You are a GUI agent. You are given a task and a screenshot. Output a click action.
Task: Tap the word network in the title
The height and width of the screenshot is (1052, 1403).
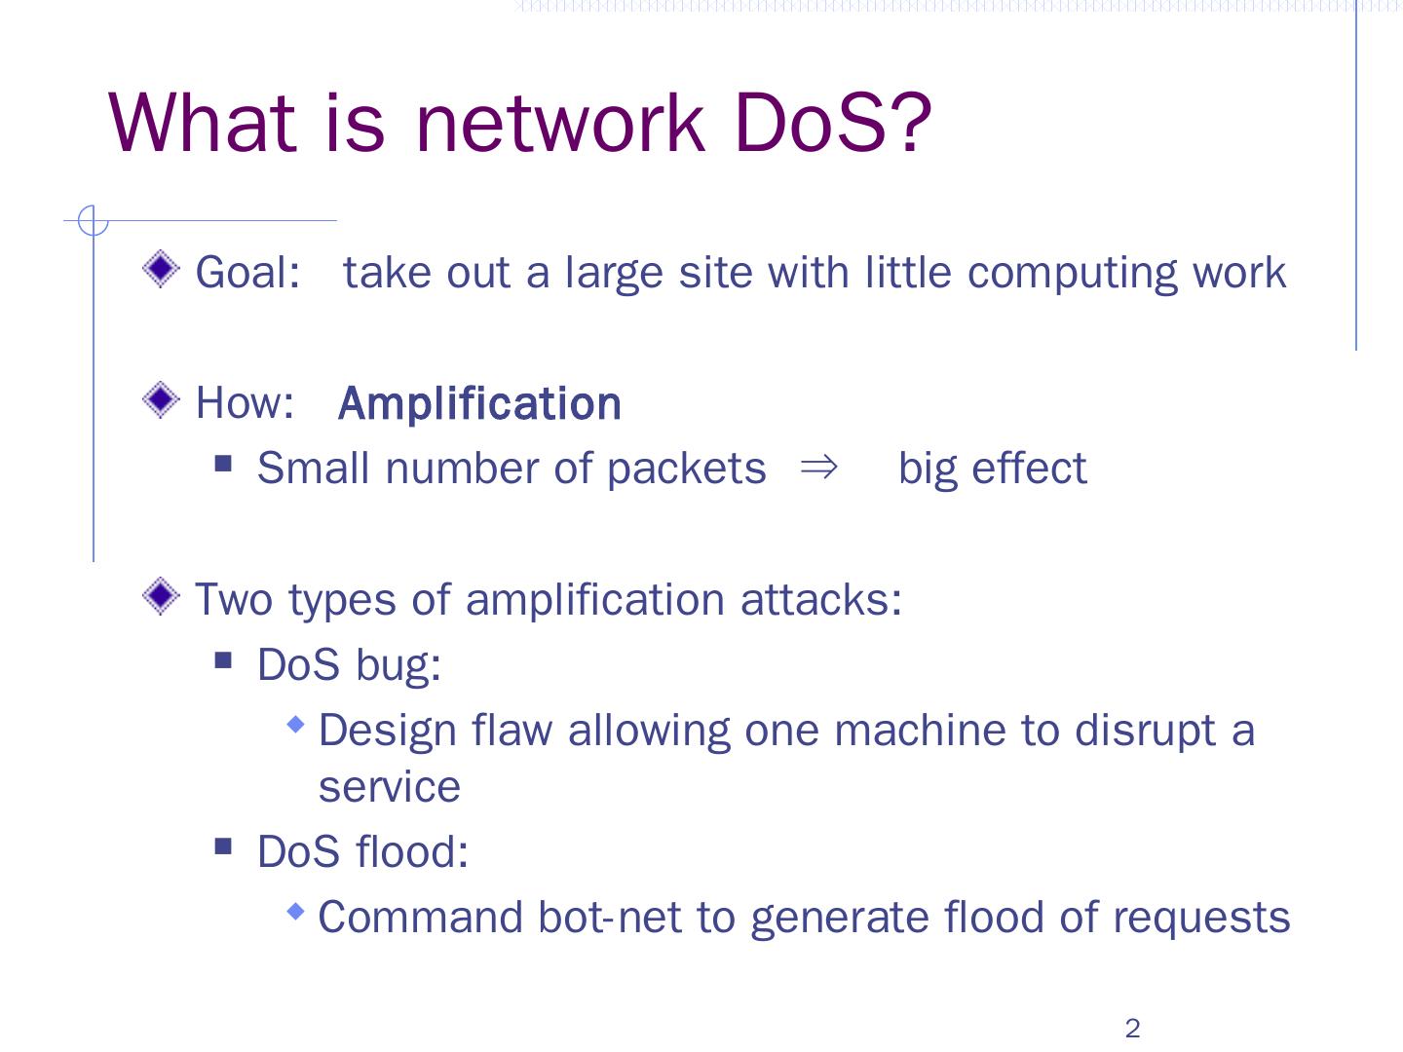tap(558, 123)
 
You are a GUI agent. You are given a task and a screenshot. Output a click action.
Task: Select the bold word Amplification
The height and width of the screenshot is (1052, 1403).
tap(479, 404)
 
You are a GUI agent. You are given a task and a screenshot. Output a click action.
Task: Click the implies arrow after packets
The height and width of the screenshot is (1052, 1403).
tap(818, 469)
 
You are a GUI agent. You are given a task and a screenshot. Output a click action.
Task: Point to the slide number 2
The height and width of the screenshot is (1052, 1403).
tap(1132, 1029)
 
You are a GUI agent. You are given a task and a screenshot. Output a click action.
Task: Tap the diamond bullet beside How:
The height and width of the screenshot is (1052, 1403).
tap(161, 399)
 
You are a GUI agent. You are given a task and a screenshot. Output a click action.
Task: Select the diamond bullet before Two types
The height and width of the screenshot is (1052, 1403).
tap(161, 595)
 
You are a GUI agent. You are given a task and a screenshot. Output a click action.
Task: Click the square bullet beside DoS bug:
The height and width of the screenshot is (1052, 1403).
tap(224, 661)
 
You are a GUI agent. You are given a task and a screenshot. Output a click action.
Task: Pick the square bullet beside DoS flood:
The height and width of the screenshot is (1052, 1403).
tap(224, 846)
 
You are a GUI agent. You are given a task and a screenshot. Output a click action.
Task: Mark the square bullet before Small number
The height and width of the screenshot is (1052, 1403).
tap(224, 464)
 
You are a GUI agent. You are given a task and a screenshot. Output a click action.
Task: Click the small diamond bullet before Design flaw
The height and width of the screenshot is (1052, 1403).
tap(296, 725)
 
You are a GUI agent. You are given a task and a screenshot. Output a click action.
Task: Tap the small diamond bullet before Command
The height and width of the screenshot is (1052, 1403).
tap(296, 912)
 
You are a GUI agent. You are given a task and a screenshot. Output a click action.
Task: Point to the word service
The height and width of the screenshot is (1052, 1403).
tap(389, 787)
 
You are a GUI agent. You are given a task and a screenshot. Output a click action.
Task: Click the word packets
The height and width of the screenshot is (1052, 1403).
tap(686, 469)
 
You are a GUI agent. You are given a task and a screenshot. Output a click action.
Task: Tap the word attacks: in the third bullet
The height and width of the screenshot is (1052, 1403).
tap(820, 599)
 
